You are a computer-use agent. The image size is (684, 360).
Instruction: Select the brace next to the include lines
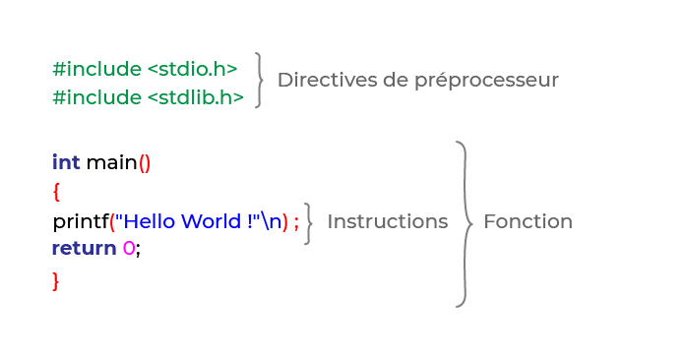(x=259, y=80)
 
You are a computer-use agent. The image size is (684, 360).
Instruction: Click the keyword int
(x=66, y=161)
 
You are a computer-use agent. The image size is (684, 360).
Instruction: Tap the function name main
(x=110, y=161)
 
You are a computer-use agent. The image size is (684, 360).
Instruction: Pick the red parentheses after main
(x=145, y=162)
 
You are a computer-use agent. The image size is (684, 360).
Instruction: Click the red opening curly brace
(x=56, y=190)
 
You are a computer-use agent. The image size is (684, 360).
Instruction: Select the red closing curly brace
(x=56, y=281)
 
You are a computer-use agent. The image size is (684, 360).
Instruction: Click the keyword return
(x=84, y=248)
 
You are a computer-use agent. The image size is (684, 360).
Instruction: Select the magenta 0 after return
(x=128, y=248)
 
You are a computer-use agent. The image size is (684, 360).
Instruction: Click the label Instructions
(x=387, y=221)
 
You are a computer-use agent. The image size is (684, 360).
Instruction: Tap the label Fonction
(x=528, y=221)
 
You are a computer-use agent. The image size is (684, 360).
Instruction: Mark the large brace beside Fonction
(x=463, y=223)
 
